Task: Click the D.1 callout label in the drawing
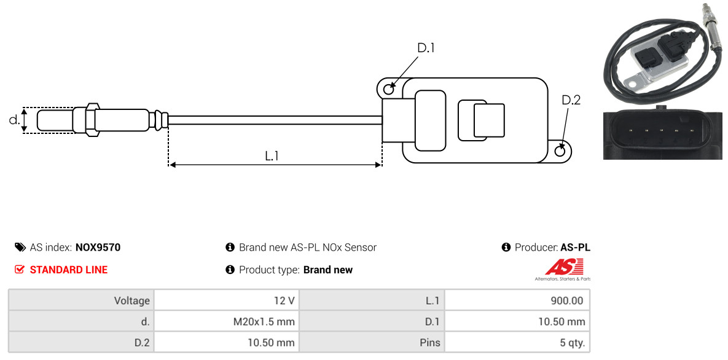coord(426,48)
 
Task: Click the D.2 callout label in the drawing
coord(571,100)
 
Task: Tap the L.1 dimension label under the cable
coord(272,156)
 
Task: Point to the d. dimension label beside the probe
coord(14,120)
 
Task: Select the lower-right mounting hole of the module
coord(560,151)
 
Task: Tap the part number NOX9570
coord(98,248)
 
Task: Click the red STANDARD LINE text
coord(69,270)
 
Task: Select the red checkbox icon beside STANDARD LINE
coord(19,270)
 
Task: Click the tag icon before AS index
coord(20,247)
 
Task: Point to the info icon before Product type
coord(230,270)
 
